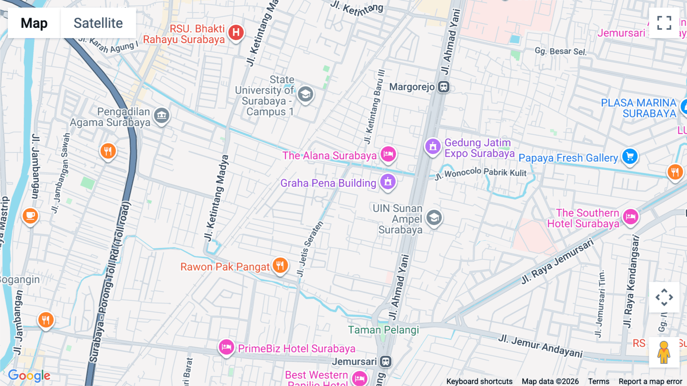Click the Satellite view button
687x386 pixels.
tap(98, 23)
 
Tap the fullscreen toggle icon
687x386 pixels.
tap(664, 23)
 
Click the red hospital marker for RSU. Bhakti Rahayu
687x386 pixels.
tap(236, 32)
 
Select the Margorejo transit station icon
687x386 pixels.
tap(443, 87)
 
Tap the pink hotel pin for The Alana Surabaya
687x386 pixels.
tap(388, 154)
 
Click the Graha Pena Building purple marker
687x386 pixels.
tap(388, 182)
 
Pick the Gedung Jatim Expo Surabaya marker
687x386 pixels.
tap(433, 146)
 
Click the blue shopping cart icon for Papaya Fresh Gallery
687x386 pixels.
tap(630, 156)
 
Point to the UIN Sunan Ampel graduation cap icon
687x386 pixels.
tap(434, 218)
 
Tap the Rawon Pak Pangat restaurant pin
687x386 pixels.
tap(280, 265)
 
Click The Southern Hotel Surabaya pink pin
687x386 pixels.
tap(631, 217)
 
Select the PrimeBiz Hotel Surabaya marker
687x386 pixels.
tap(226, 347)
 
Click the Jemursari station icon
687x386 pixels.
tap(386, 361)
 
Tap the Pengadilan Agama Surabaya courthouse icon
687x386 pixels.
tap(161, 115)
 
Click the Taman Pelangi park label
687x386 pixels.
tap(383, 330)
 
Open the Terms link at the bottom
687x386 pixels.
tap(598, 381)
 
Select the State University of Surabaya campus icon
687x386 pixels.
tap(305, 94)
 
